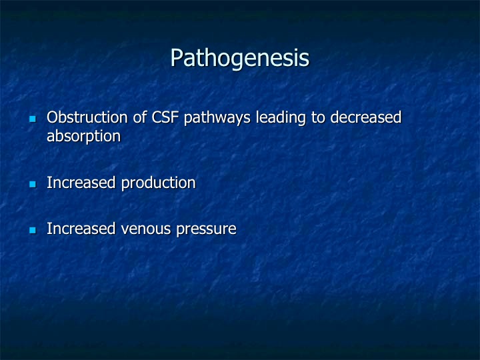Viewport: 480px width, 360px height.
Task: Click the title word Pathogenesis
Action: (240, 58)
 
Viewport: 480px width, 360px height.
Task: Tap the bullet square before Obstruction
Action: (33, 119)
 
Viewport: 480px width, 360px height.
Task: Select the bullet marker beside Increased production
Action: (33, 184)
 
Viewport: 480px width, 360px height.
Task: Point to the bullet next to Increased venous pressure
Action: (33, 230)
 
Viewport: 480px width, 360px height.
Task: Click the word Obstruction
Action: (87, 117)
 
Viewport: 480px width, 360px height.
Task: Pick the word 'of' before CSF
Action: (139, 117)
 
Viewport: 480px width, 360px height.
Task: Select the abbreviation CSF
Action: (165, 117)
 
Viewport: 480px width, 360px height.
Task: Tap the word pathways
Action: (217, 119)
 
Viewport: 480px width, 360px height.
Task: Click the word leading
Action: (281, 119)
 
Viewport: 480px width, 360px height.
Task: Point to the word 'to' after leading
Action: (318, 118)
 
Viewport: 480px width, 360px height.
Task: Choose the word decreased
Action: (366, 117)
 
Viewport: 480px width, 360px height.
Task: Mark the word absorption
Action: (84, 137)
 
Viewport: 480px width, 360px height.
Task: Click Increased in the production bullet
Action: (81, 183)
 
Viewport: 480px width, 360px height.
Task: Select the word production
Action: (158, 184)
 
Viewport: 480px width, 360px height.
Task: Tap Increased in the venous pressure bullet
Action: (81, 229)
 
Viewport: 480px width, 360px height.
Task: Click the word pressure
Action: (206, 230)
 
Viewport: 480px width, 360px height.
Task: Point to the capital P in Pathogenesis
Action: (177, 57)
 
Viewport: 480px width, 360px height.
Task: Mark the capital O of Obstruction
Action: (53, 117)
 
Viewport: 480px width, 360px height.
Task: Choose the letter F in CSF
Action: (175, 117)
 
